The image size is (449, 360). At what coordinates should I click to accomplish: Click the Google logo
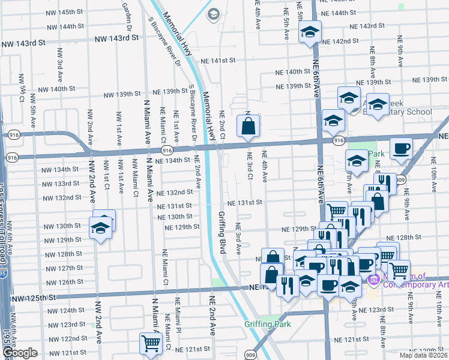click(19, 353)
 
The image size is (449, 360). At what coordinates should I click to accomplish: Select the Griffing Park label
click(267, 324)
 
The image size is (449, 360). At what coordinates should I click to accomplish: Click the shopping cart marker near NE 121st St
click(150, 343)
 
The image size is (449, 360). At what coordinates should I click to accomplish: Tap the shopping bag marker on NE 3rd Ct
click(248, 126)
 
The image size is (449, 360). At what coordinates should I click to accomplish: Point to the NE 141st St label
click(218, 61)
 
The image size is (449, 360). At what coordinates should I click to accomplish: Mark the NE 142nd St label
click(340, 41)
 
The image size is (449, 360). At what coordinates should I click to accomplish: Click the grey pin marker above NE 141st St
click(213, 13)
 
